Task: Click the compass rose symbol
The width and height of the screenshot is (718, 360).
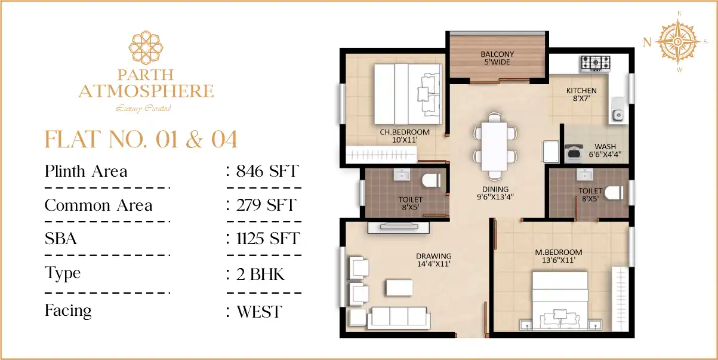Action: click(677, 42)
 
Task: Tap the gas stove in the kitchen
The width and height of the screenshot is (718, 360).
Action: click(596, 63)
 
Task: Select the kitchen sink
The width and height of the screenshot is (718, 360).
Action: click(617, 110)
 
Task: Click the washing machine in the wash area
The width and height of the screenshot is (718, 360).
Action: click(574, 152)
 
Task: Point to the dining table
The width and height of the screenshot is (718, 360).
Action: click(495, 146)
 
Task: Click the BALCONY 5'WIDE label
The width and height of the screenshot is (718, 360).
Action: click(497, 58)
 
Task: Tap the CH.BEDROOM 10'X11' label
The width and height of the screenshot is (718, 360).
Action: click(405, 136)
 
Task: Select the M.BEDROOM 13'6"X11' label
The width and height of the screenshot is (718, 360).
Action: click(559, 256)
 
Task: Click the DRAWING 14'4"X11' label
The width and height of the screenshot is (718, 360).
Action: click(434, 260)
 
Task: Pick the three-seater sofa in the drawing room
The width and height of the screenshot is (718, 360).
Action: click(399, 318)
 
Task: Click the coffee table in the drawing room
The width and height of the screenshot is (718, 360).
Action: click(399, 288)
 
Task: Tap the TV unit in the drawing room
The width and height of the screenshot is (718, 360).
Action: click(399, 227)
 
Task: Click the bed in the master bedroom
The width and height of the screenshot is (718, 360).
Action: click(560, 301)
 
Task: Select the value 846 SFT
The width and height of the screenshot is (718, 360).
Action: click(267, 171)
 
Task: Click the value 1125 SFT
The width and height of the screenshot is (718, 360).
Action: click(268, 238)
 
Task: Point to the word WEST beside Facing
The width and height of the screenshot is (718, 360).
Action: click(259, 312)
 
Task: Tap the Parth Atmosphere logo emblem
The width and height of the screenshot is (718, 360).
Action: click(146, 47)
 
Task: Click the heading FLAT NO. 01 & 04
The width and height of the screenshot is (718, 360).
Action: click(141, 140)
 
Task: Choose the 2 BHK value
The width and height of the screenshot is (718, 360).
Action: click(260, 275)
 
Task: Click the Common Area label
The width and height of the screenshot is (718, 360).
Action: click(98, 205)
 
